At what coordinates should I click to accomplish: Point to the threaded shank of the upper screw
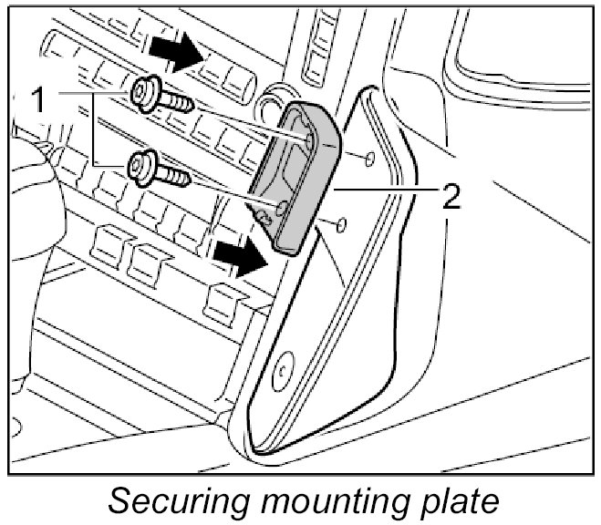click(179, 102)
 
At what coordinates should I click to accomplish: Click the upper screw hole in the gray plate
click(309, 139)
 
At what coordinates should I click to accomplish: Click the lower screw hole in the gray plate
click(283, 209)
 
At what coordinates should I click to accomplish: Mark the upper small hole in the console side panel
click(368, 160)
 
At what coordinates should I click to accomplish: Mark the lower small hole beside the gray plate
click(341, 224)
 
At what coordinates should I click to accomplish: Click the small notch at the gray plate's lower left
click(264, 216)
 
